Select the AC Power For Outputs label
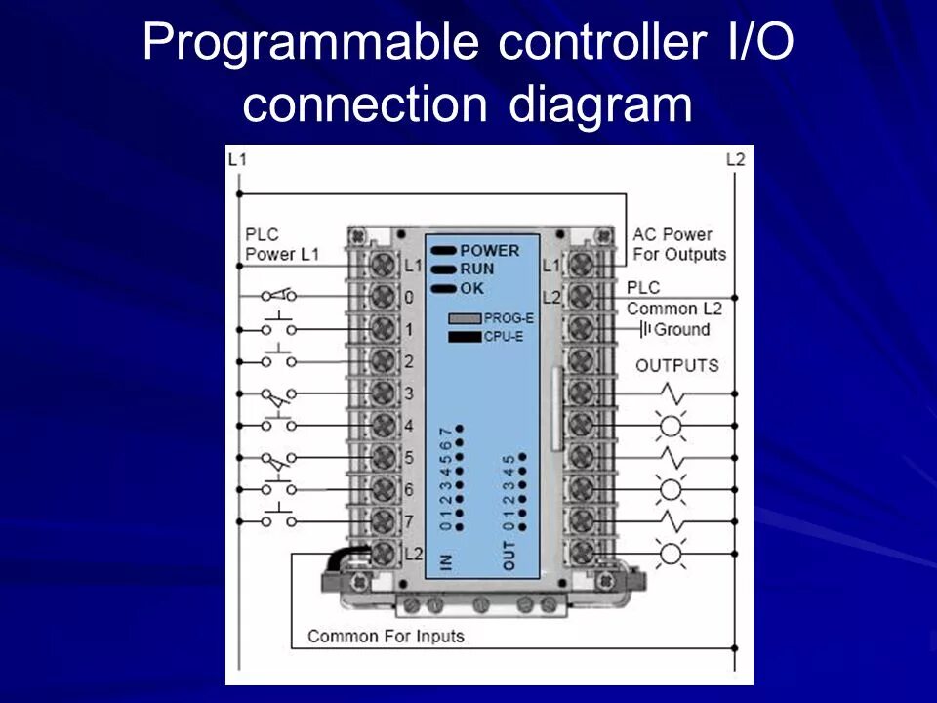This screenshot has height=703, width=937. coord(679,244)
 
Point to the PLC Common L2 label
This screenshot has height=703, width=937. coord(673,298)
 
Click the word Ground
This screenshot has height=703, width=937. coord(682,329)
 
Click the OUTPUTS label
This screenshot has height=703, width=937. coord(677,366)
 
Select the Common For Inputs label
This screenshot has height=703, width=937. coord(386,637)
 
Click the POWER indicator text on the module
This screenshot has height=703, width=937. coord(490,251)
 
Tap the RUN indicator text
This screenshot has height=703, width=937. coord(477,269)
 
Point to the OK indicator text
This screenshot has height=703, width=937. coord(472,288)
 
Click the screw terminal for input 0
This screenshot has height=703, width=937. coord(383,297)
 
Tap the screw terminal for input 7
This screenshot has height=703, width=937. coord(383,520)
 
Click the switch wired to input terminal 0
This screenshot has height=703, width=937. coord(279,295)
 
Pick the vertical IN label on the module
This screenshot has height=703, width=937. coord(445,561)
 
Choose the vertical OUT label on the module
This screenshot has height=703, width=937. coord(509,556)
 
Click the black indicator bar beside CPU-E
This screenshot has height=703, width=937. coord(465,337)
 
